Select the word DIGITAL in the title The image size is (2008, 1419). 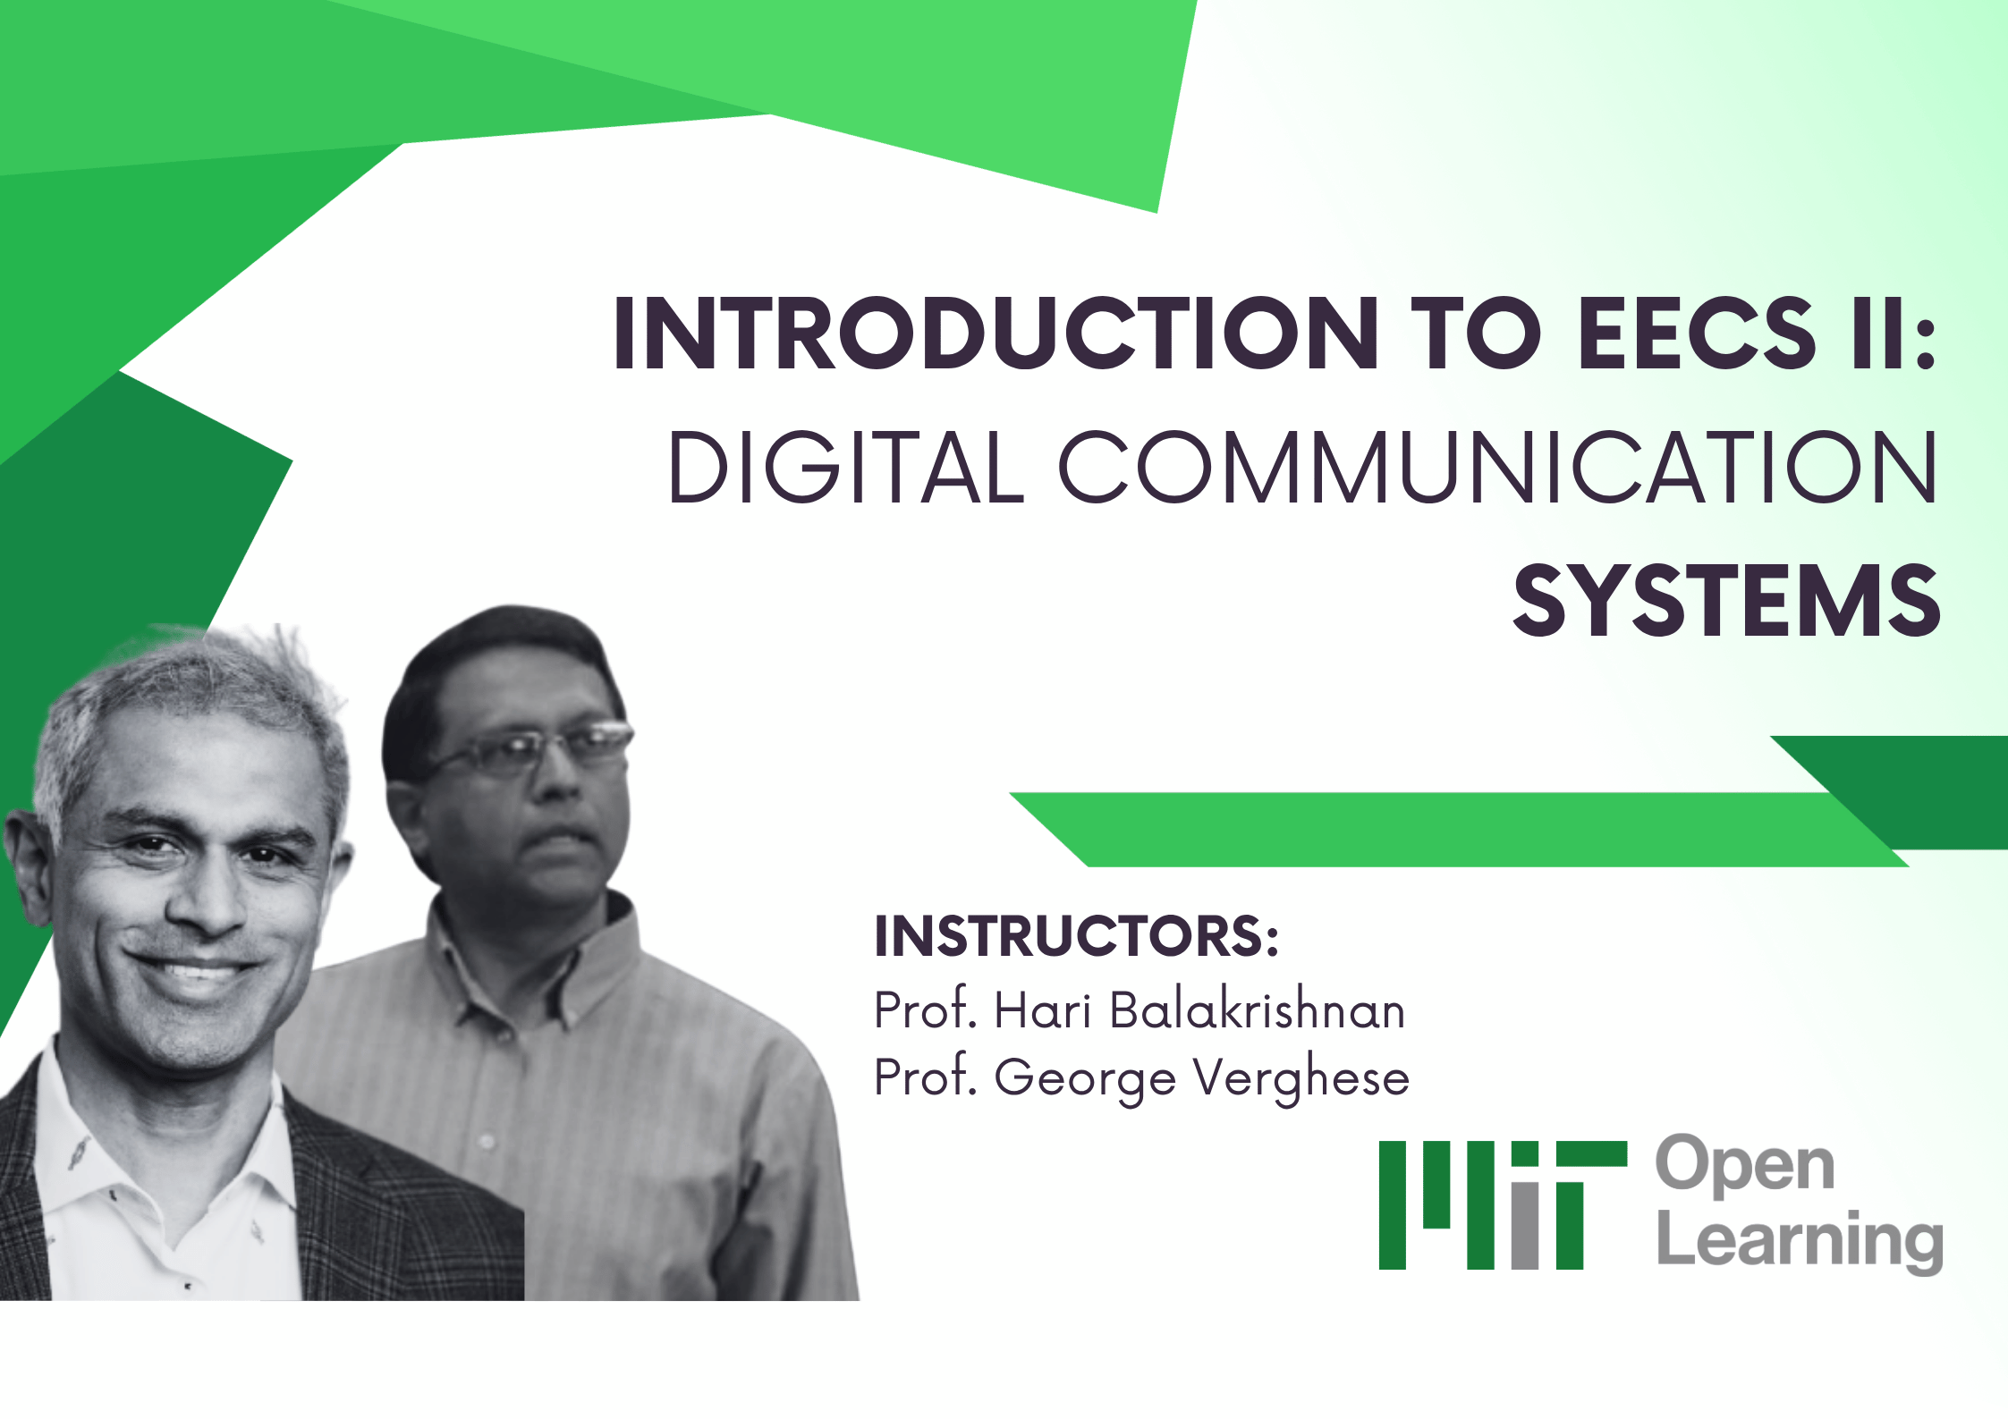(845, 468)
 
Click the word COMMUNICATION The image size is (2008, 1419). (1496, 468)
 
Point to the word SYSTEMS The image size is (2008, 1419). (1726, 603)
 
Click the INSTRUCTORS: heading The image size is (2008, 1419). (1076, 936)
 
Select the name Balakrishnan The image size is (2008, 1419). (1257, 1010)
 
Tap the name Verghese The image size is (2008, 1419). (1301, 1077)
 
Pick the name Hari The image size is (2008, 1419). (1042, 1010)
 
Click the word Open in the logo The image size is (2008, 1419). (1744, 1166)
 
